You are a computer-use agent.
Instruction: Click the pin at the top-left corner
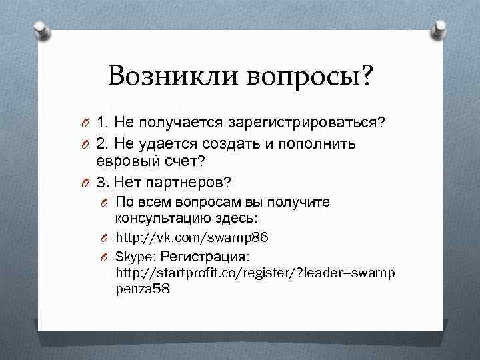[x=40, y=27]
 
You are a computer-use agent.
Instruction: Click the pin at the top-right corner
[x=441, y=27]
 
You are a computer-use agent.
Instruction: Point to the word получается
[x=180, y=123]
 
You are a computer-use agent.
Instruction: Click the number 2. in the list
[x=103, y=144]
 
